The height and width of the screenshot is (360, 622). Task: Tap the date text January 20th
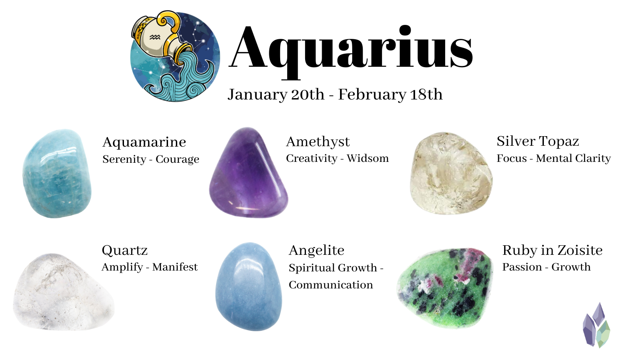276,95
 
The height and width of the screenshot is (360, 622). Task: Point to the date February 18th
390,94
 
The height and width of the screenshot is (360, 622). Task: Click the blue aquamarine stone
57,174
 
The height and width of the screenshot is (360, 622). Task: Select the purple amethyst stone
248,173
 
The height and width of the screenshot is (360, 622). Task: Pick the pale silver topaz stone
451,173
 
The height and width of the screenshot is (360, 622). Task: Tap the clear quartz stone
63,292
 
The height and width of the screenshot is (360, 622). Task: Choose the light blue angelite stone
249,287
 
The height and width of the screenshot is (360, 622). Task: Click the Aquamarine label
144,142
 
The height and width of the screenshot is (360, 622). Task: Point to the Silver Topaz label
538,141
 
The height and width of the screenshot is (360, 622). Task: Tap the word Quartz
125,250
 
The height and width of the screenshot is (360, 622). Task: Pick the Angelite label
316,250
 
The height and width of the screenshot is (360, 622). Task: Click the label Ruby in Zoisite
552,250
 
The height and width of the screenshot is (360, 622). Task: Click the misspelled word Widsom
368,158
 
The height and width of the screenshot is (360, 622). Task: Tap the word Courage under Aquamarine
177,159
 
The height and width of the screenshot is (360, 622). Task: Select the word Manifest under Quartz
175,267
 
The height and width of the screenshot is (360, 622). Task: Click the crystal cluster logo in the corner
596,325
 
